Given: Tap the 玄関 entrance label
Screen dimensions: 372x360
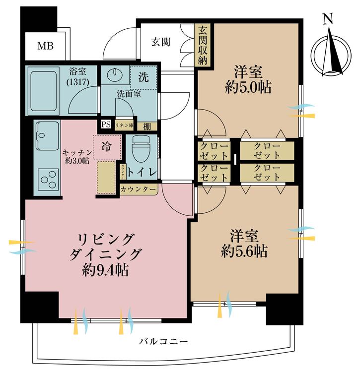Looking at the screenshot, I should [x=161, y=42].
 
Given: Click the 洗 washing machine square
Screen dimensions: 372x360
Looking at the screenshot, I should [x=143, y=77].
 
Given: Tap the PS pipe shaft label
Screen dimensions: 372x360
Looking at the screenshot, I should [x=106, y=125].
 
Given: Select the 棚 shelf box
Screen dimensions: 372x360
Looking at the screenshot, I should [x=147, y=126].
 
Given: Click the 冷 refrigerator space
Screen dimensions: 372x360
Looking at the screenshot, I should [x=106, y=147].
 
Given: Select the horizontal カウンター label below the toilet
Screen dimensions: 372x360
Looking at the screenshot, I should [x=139, y=189].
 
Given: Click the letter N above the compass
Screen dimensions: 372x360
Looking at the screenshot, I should [x=327, y=19].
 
